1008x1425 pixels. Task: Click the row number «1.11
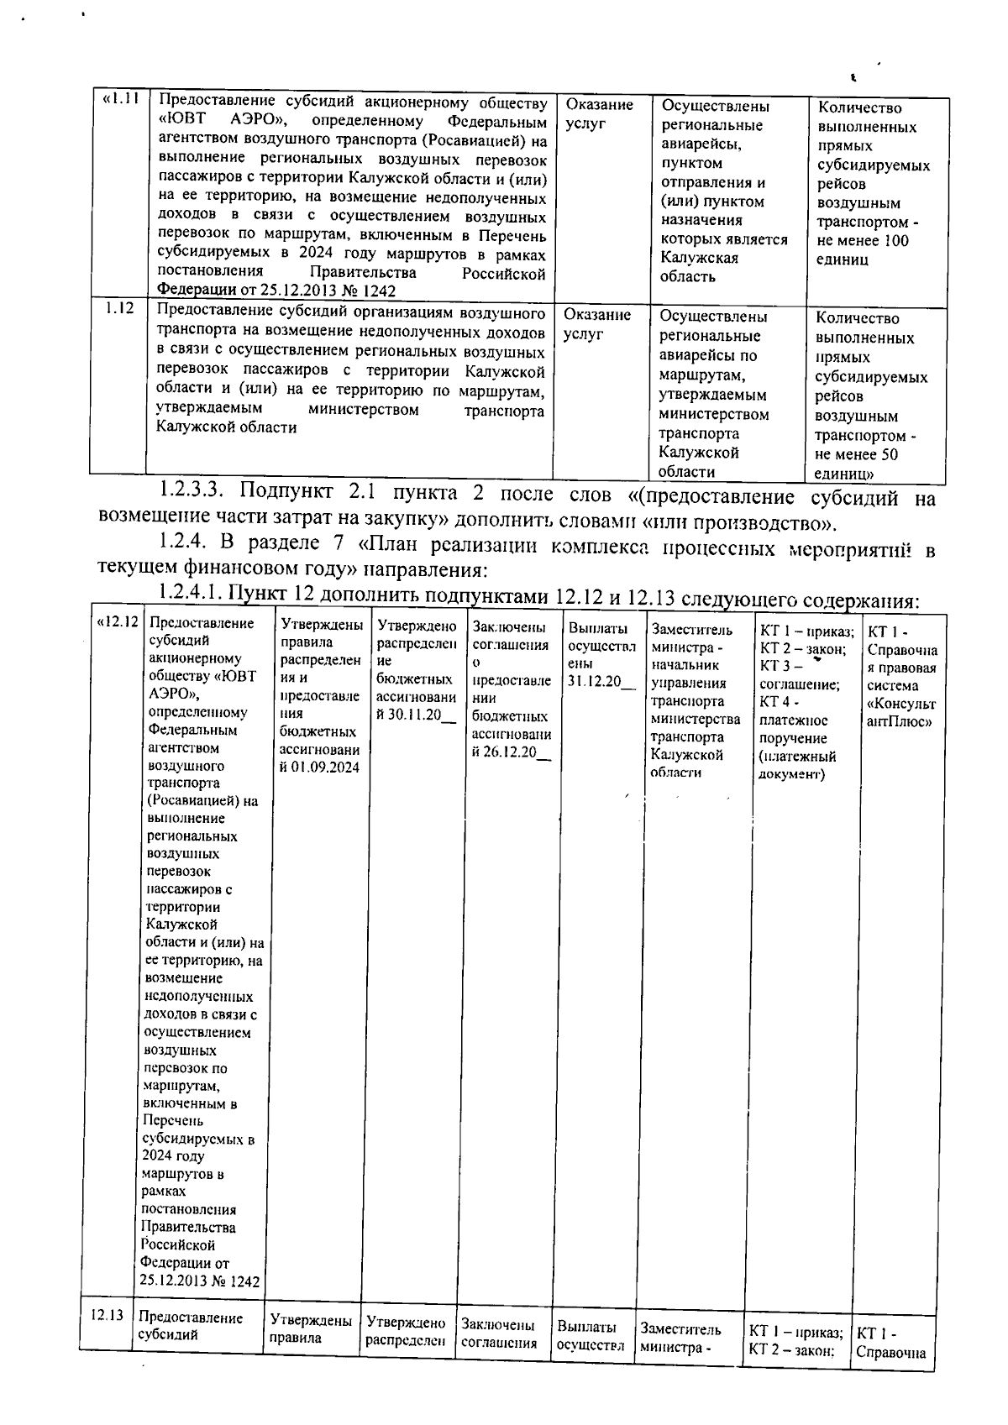tap(118, 99)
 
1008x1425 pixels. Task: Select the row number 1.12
tap(119, 308)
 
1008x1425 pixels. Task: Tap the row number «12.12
tap(118, 623)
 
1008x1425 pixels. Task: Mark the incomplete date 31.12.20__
tap(601, 680)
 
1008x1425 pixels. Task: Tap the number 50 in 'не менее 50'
tap(887, 454)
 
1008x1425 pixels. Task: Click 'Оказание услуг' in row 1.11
tap(598, 114)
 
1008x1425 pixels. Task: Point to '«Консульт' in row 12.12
tap(900, 704)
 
